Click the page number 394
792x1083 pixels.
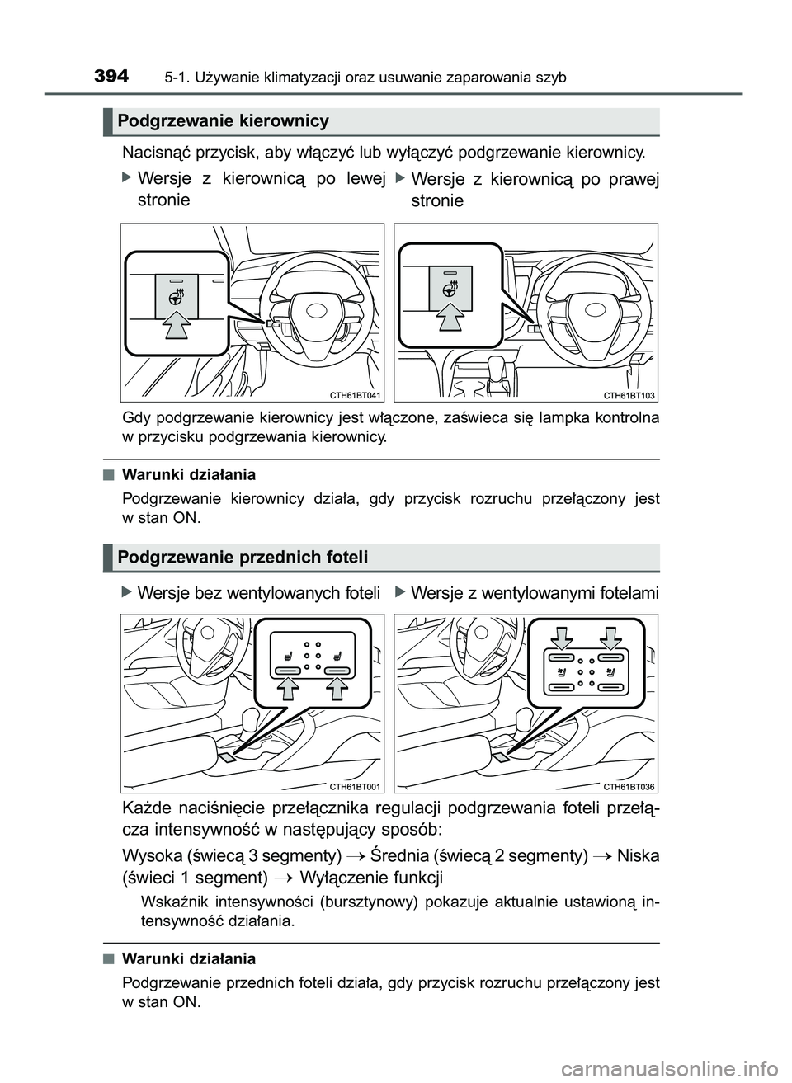click(111, 77)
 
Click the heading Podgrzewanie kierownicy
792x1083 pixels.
click(223, 121)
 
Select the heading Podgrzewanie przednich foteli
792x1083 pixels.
click(243, 558)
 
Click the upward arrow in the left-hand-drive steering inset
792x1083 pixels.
click(176, 326)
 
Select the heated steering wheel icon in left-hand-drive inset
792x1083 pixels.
click(177, 294)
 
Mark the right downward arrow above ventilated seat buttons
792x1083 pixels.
click(611, 637)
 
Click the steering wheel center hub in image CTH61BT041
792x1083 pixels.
click(317, 310)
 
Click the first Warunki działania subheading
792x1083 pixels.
click(189, 475)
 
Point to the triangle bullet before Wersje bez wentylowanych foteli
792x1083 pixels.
click(126, 592)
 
